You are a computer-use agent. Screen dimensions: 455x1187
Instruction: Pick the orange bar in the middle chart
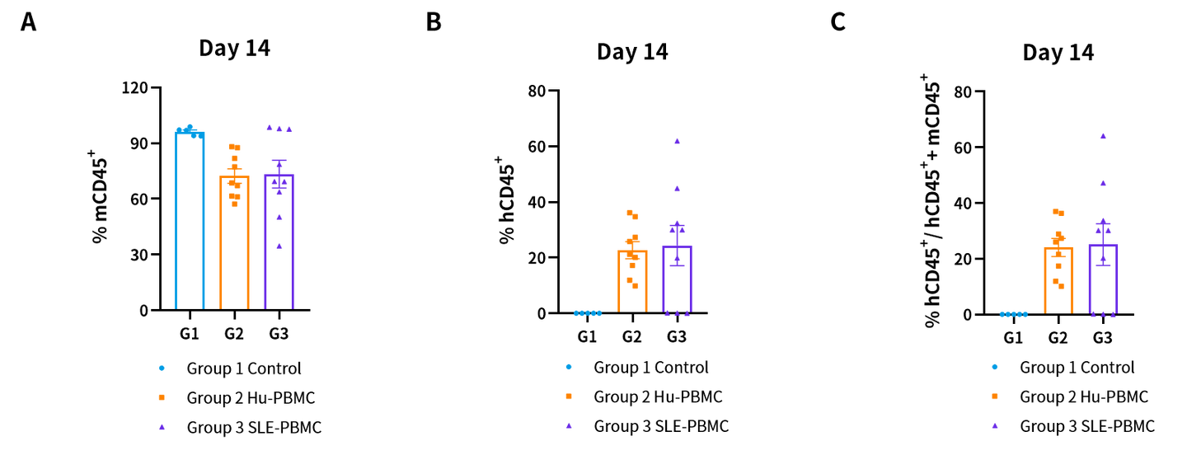[632, 284]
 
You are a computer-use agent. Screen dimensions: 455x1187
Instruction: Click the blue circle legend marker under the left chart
[162, 368]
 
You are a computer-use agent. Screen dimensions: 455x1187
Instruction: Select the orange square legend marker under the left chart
[162, 397]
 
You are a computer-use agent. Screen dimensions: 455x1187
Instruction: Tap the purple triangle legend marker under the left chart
[162, 427]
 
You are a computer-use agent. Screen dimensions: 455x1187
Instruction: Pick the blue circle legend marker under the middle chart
[569, 367]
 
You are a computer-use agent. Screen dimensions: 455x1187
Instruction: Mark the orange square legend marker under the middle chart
[569, 396]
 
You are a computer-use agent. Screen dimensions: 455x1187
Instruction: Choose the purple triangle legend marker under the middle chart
[569, 426]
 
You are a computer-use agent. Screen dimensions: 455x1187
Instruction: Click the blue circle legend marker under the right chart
[995, 367]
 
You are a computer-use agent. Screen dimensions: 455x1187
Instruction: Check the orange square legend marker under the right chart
[995, 396]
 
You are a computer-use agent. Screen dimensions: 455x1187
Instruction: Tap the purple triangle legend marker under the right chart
[995, 426]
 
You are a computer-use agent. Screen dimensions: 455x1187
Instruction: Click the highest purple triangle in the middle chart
[677, 142]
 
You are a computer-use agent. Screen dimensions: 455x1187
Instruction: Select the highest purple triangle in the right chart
[1103, 136]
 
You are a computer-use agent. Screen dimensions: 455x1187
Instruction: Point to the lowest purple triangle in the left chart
[279, 246]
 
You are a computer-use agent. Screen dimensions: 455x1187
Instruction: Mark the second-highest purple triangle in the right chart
[1103, 183]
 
